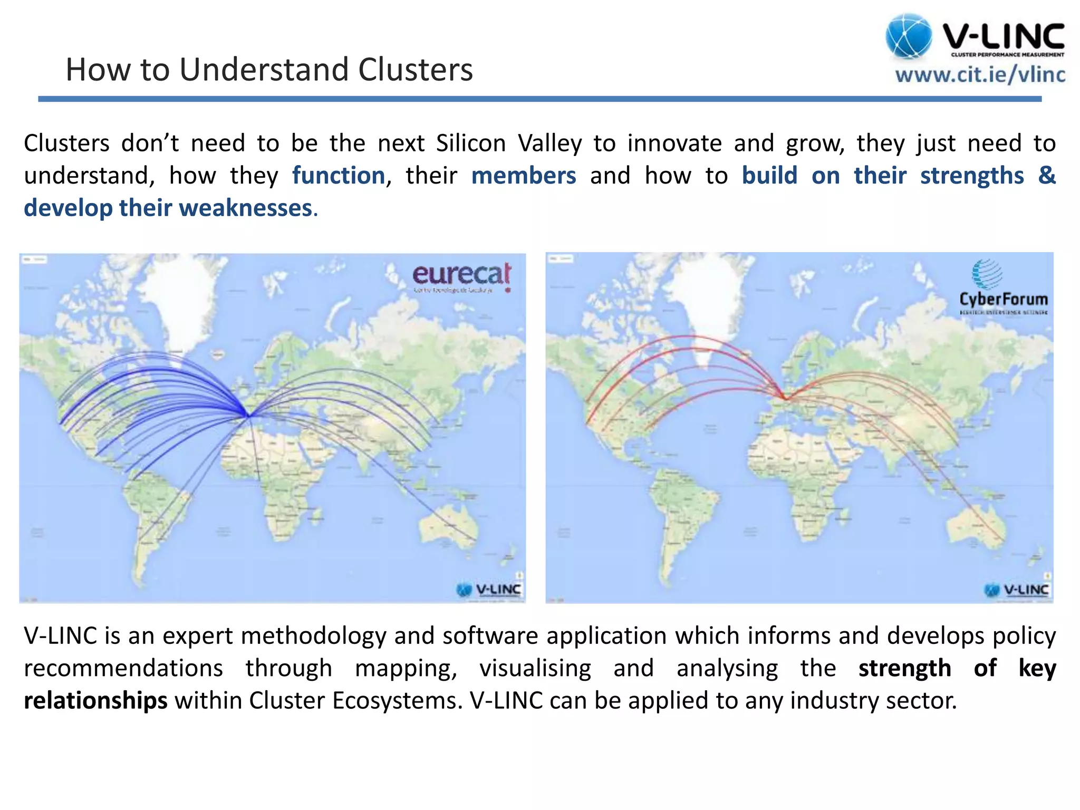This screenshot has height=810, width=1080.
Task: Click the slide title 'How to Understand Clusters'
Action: pyautogui.click(x=269, y=70)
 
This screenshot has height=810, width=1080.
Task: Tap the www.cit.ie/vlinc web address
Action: pyautogui.click(x=980, y=75)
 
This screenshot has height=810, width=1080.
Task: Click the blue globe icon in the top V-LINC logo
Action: pyautogui.click(x=909, y=36)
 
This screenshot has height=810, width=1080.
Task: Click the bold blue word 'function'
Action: pyautogui.click(x=339, y=176)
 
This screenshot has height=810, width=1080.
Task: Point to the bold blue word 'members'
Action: pyautogui.click(x=524, y=176)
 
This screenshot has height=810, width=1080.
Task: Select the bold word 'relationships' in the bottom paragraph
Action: pyautogui.click(x=95, y=700)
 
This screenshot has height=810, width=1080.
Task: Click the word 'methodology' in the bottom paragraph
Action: pyautogui.click(x=314, y=636)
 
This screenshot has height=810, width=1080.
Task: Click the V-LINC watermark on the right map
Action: pyautogui.click(x=1017, y=590)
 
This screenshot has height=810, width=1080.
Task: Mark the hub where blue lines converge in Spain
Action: pyautogui.click(x=248, y=415)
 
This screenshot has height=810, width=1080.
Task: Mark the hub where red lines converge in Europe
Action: pyautogui.click(x=785, y=398)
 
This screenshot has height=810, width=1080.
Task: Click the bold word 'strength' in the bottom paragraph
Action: pyautogui.click(x=904, y=668)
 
